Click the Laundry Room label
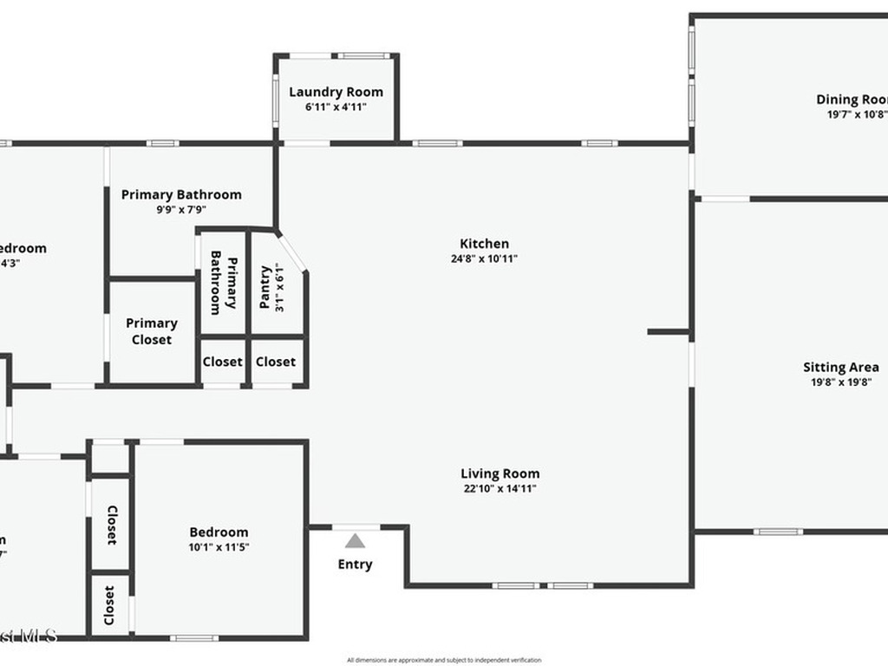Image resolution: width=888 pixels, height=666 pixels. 336,92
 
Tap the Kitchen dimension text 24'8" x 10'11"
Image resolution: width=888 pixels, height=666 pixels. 484,258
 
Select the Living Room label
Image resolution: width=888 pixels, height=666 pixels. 499,473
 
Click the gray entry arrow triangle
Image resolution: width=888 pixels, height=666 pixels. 355,542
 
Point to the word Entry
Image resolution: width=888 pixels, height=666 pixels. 355,565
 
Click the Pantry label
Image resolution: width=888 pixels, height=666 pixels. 265,287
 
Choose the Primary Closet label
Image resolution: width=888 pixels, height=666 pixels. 152,331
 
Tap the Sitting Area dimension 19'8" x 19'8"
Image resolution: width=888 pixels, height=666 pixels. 840,382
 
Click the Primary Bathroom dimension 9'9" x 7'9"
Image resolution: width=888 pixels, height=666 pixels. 181,209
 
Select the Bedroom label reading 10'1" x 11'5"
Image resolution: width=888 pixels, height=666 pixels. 219,532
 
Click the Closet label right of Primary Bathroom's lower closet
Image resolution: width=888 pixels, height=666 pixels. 276,362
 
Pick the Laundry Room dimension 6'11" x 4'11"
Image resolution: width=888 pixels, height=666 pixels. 336,107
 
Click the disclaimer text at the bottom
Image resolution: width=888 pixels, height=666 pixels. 444,660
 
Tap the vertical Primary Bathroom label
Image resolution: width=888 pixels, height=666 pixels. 224,284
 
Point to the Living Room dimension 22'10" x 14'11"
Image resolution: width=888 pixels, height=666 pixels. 499,488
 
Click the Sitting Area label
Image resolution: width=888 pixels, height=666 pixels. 840,367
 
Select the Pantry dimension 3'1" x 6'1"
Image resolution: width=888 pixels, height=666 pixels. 279,287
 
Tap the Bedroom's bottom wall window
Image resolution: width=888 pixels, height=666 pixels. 193,638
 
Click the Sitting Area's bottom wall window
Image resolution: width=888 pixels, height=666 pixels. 777,532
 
